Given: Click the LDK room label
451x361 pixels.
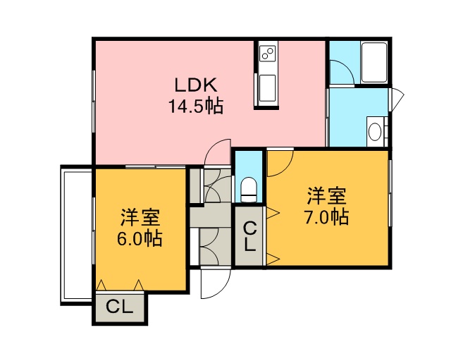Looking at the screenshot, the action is pyautogui.click(x=196, y=85).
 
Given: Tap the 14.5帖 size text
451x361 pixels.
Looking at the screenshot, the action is pyautogui.click(x=196, y=106).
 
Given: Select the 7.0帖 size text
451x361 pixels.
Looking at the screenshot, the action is pyautogui.click(x=327, y=217).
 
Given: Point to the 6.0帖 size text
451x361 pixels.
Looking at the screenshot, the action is pyautogui.click(x=140, y=238).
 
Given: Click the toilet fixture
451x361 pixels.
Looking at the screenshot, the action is pyautogui.click(x=249, y=190).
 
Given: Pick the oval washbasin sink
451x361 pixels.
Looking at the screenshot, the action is pyautogui.click(x=375, y=132).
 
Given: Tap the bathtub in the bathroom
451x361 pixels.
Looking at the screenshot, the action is pyautogui.click(x=374, y=62).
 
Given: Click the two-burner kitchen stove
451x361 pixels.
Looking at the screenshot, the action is pyautogui.click(x=268, y=54).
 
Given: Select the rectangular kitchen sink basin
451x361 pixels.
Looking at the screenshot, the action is pyautogui.click(x=268, y=88).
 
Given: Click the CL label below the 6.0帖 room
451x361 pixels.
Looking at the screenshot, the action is pyautogui.click(x=119, y=307).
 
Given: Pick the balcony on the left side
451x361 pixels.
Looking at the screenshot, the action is pyautogui.click(x=76, y=235).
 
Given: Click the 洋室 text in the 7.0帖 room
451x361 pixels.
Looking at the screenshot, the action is pyautogui.click(x=327, y=196).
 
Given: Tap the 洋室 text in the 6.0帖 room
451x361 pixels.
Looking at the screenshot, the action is pyautogui.click(x=140, y=217).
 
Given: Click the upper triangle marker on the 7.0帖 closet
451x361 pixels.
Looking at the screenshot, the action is pyautogui.click(x=273, y=213).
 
